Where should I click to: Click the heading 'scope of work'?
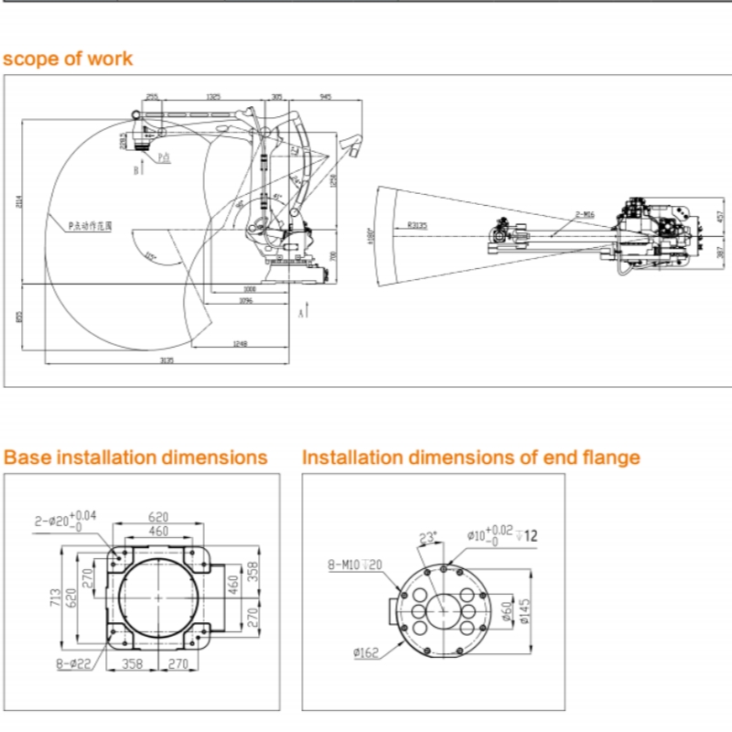68,59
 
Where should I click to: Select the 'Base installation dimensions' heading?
136,457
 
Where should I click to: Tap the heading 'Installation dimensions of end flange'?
471,457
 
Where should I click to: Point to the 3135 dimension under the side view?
167,361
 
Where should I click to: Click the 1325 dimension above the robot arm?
213,95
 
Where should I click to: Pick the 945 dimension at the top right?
326,95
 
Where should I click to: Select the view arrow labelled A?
304,310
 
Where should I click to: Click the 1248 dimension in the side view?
241,344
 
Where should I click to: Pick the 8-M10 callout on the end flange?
353,565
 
